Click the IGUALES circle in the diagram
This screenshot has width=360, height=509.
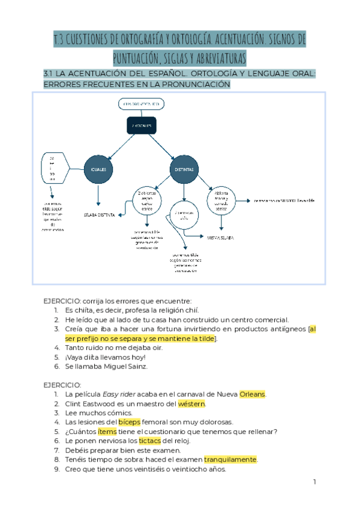tap(98, 170)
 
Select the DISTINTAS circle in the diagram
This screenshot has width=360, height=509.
tap(184, 170)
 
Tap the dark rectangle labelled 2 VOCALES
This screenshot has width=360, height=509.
tap(142, 125)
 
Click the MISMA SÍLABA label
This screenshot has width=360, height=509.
tap(220, 238)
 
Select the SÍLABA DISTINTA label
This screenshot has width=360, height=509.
tap(99, 214)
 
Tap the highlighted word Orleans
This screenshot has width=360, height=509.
tap(252, 394)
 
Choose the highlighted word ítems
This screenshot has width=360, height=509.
tap(107, 432)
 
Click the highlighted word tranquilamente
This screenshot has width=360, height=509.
tap(230, 460)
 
